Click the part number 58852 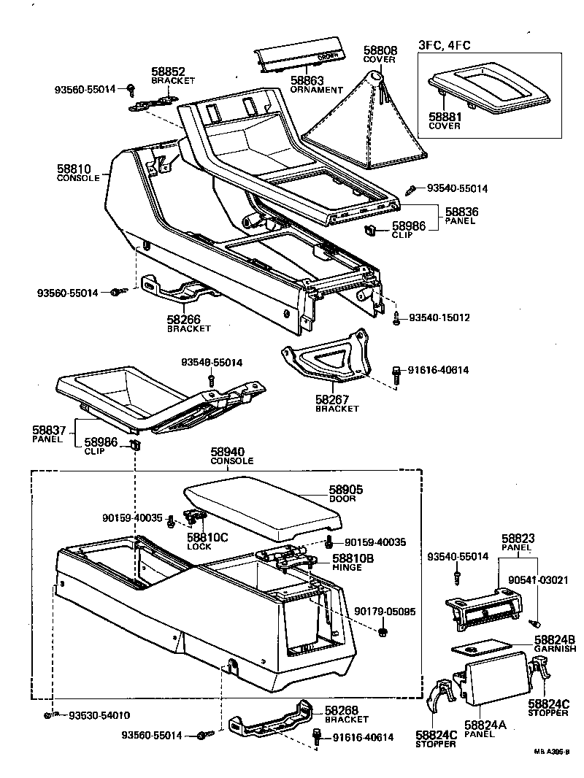(x=169, y=72)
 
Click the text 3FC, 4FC (x=444, y=45)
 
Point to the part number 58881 (x=445, y=115)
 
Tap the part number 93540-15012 (x=439, y=318)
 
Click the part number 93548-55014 (x=212, y=362)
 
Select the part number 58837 (x=49, y=431)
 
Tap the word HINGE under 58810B (x=347, y=567)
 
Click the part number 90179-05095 (x=385, y=611)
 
